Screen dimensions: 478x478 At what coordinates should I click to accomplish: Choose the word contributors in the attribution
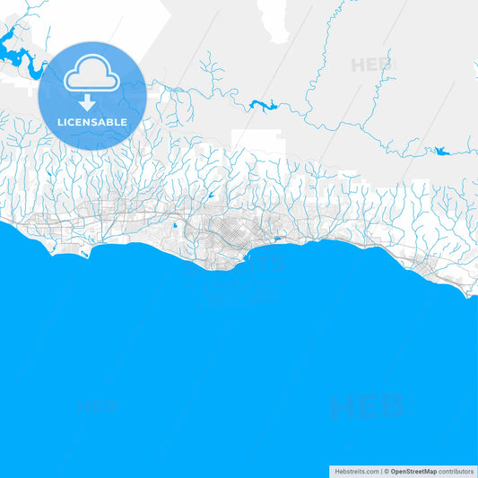[456, 471]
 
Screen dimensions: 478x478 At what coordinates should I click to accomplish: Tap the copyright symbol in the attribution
[387, 471]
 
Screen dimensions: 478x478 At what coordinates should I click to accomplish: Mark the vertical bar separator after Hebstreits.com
[381, 471]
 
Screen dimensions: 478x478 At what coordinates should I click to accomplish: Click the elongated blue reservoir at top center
[265, 104]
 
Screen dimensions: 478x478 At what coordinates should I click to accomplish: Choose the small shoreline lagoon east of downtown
[277, 239]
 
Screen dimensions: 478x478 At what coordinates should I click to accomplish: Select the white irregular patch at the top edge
[274, 20]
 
